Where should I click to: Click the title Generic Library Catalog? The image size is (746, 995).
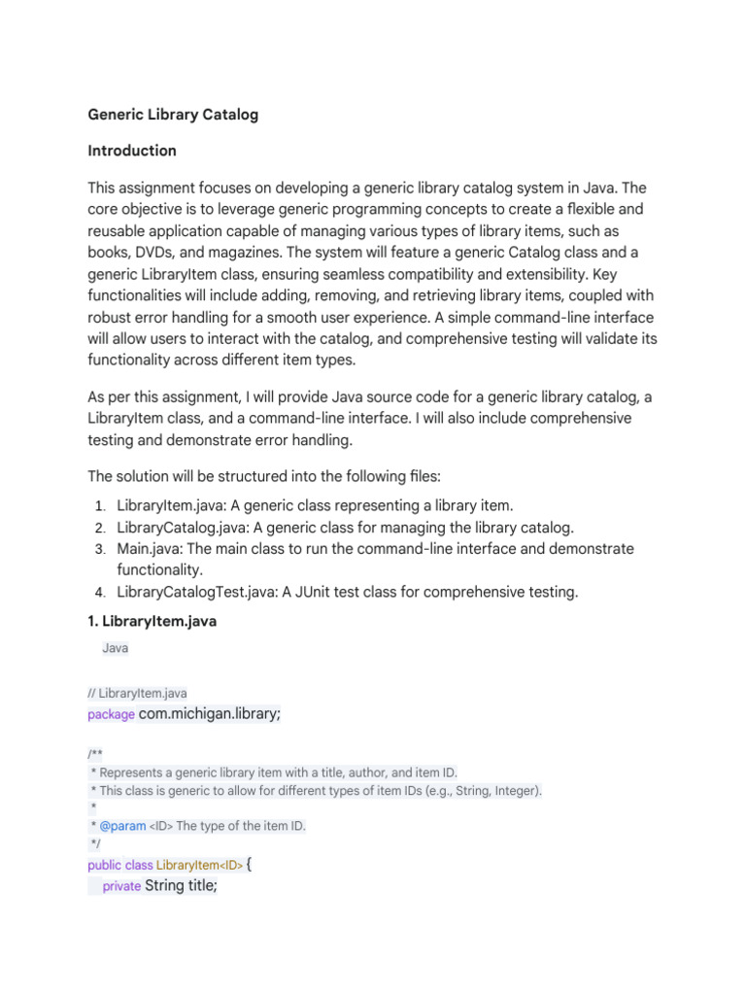point(173,115)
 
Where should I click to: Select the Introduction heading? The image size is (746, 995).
point(132,151)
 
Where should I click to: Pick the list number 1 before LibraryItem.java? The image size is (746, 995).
point(100,506)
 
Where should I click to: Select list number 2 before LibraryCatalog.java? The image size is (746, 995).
point(100,528)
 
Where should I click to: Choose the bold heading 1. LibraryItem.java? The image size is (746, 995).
point(152,622)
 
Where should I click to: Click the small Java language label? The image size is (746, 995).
point(115,648)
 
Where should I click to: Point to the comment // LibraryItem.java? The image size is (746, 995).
point(137,693)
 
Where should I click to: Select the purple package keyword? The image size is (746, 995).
point(111,715)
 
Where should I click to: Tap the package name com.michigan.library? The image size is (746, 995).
point(210,714)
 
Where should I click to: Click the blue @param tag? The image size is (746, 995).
point(121,826)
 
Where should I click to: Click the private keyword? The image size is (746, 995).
point(121,886)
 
